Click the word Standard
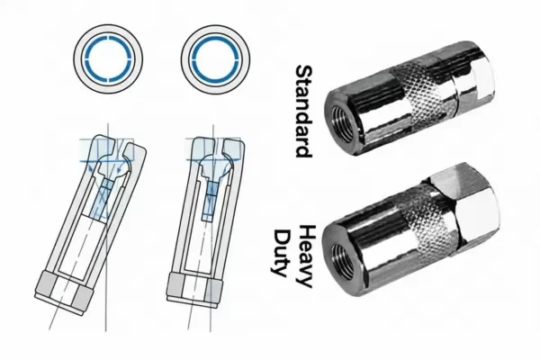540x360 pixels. pyautogui.click(x=304, y=111)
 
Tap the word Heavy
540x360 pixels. pyautogui.click(x=305, y=256)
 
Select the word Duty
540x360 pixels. pyautogui.click(x=280, y=253)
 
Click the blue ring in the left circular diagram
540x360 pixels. pyautogui.click(x=108, y=58)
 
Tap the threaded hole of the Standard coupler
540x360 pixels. pyautogui.click(x=342, y=123)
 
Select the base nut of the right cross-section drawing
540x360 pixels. pyautogui.click(x=193, y=290)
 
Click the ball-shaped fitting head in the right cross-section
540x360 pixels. pyautogui.click(x=214, y=166)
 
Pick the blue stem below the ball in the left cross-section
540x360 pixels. pyautogui.click(x=103, y=197)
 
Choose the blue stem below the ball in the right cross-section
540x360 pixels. pyautogui.click(x=211, y=201)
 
